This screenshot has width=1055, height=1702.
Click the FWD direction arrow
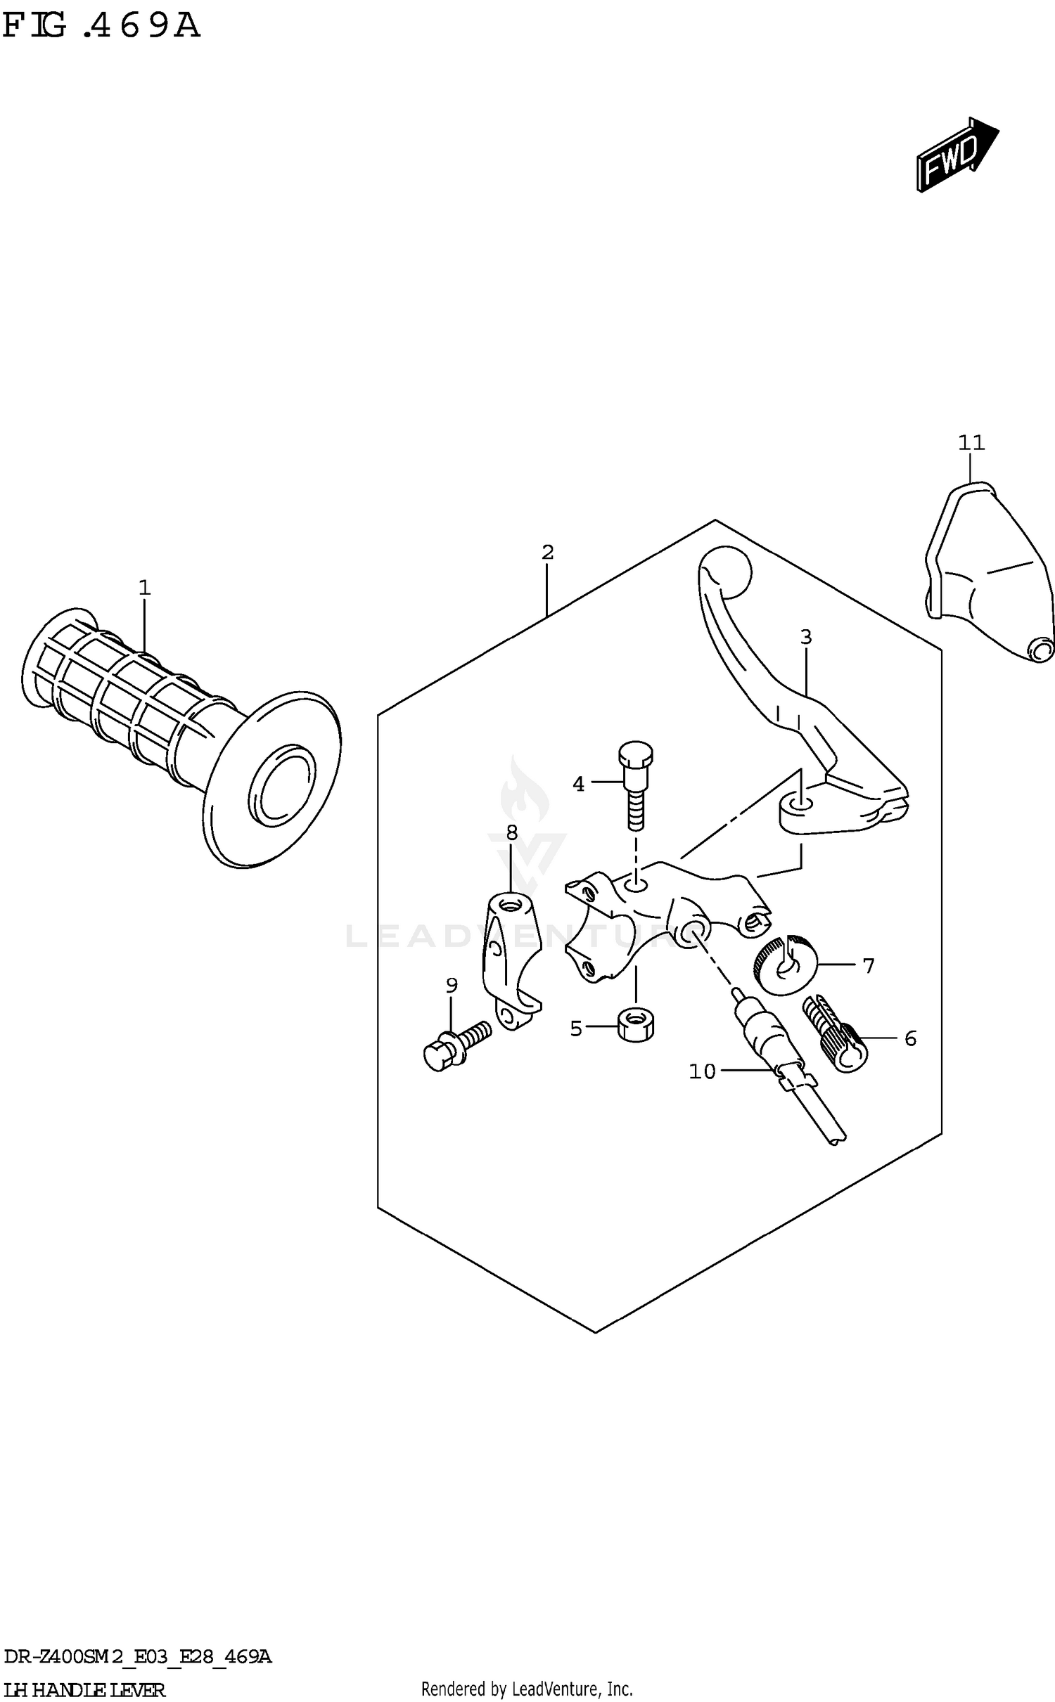(957, 155)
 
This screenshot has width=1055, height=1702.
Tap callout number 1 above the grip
(144, 587)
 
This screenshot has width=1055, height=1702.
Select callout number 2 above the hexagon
(548, 552)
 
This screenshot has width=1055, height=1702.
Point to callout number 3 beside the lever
(806, 637)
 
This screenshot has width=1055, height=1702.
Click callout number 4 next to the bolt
(578, 784)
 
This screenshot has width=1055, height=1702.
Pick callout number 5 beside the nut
(576, 1029)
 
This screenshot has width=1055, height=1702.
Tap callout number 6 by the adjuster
(910, 1038)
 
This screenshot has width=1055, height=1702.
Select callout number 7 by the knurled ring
(869, 966)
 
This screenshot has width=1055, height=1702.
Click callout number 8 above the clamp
(511, 833)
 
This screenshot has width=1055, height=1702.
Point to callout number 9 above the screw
(452, 986)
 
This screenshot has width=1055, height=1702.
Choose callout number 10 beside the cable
(702, 1071)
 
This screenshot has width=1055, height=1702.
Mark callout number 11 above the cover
(971, 443)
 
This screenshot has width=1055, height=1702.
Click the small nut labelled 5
(636, 1026)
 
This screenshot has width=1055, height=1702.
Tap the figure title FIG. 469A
(102, 27)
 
